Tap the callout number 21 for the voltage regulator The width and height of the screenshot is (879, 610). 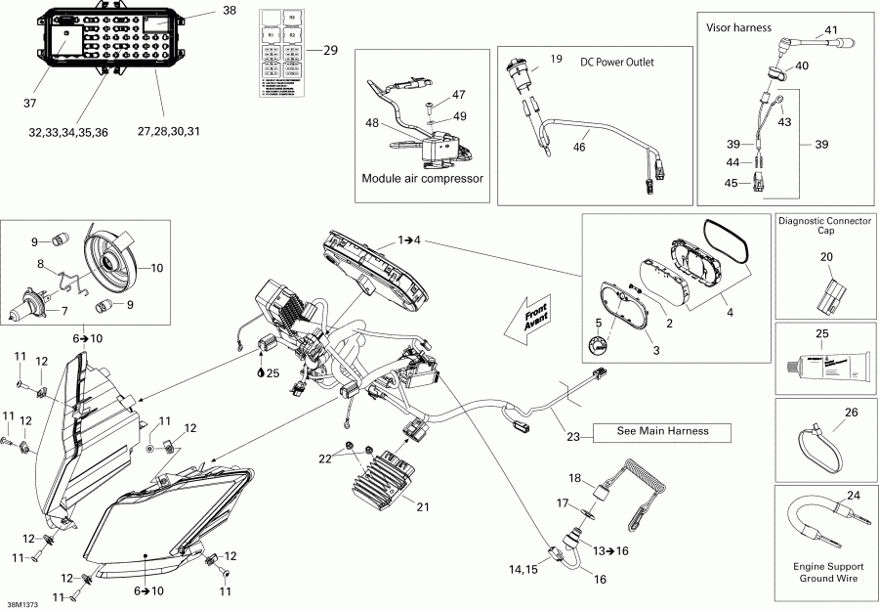[422, 505]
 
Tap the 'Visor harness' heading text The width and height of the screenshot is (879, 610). [739, 27]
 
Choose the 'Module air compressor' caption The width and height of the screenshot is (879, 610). [422, 179]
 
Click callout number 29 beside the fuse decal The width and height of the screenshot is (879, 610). [329, 51]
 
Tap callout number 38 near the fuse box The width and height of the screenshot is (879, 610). [230, 11]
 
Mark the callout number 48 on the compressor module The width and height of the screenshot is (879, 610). [371, 123]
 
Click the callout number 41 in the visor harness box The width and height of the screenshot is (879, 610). [830, 29]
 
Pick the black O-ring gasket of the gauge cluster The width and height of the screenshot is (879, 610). [728, 240]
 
